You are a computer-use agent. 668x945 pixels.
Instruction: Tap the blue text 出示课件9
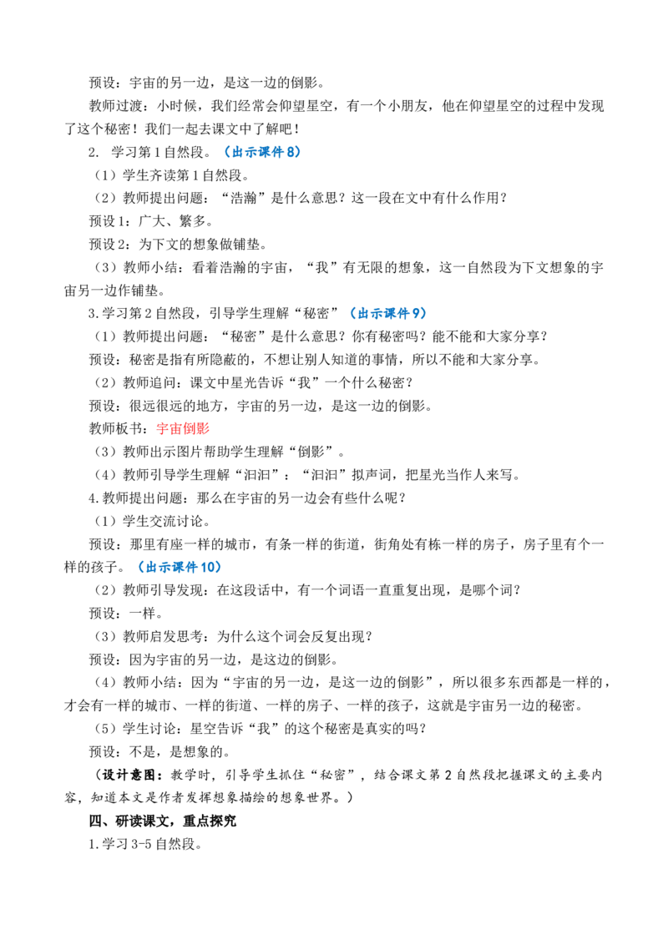(x=387, y=313)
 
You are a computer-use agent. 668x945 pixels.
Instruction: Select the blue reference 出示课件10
(x=180, y=567)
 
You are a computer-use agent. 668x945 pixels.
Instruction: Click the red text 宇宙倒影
(x=183, y=428)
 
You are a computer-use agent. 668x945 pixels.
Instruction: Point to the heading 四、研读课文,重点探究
(x=163, y=821)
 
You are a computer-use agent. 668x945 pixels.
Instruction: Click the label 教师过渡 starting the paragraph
(x=116, y=106)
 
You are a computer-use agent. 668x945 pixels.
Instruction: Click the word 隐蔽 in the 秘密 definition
(x=235, y=360)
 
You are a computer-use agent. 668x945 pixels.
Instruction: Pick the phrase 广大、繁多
(x=172, y=221)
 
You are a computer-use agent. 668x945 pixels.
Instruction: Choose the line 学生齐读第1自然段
(x=185, y=175)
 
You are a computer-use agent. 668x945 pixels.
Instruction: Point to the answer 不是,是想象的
(x=180, y=751)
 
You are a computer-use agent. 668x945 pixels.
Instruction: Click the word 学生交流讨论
(x=163, y=521)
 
